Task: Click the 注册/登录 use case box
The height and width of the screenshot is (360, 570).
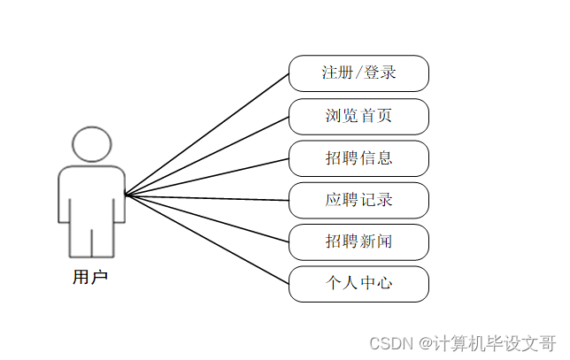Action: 358,73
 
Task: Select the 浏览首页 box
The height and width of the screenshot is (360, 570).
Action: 358,116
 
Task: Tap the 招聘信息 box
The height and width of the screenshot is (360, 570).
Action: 358,158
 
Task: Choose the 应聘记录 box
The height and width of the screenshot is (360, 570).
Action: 358,200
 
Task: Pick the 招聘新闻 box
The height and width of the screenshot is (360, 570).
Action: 358,241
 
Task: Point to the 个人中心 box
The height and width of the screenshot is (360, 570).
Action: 358,284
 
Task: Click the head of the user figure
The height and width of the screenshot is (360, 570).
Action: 91,144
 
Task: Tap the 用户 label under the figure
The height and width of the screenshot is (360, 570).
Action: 89,278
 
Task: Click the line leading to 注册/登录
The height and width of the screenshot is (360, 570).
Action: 208,133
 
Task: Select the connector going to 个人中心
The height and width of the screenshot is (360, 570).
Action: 208,240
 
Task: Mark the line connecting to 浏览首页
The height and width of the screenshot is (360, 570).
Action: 208,155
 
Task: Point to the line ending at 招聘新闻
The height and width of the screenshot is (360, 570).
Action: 208,218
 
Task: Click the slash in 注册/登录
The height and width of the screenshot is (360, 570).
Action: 359,73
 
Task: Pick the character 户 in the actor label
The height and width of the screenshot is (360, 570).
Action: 99,278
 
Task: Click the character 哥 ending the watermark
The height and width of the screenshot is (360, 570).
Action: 548,343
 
